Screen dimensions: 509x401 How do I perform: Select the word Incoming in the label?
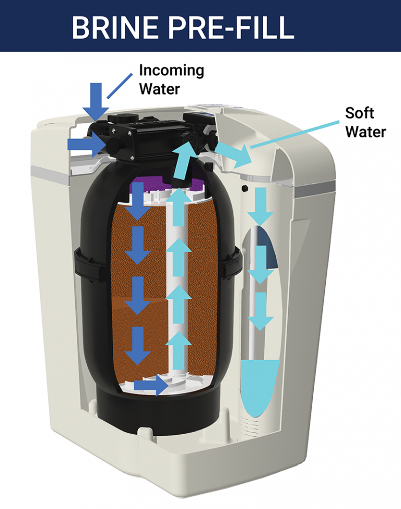(171, 70)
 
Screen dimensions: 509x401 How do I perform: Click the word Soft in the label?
(360, 113)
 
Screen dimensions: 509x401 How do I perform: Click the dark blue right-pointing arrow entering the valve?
(87, 144)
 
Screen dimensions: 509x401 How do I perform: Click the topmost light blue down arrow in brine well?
(260, 206)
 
